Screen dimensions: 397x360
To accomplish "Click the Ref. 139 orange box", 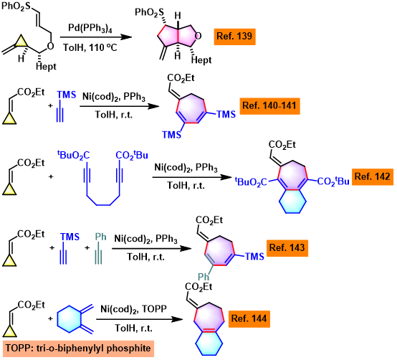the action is (235, 37).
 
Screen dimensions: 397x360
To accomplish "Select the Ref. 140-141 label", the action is (269, 106).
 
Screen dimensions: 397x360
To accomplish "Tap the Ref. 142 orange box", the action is (373, 176).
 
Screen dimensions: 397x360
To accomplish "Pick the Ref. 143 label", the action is (287, 248).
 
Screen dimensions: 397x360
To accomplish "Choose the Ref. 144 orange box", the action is (249, 319).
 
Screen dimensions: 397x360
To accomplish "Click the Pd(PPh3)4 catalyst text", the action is (90, 28).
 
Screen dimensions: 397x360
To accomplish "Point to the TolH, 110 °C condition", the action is (90, 47).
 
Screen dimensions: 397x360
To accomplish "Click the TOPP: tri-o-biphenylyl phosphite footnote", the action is (78, 349).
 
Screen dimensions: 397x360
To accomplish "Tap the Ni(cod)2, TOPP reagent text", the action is (134, 309).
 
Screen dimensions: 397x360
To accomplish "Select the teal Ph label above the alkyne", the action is (100, 237).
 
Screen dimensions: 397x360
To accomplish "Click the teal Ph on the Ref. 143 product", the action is (204, 277).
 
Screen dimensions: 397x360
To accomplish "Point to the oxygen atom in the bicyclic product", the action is (198, 37).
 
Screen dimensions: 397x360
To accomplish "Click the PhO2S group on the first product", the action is (149, 13).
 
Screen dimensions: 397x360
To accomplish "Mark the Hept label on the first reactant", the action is (46, 67).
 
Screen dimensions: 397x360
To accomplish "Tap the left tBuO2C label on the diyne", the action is (73, 155).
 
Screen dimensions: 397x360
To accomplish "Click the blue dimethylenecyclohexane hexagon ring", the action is (69, 319).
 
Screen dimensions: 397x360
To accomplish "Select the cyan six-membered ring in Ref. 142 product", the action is (292, 202).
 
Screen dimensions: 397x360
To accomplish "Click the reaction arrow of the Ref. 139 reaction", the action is (96, 37).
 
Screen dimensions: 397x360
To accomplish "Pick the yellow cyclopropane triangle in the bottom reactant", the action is (9, 331).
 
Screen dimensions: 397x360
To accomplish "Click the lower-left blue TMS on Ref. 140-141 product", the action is (172, 135).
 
